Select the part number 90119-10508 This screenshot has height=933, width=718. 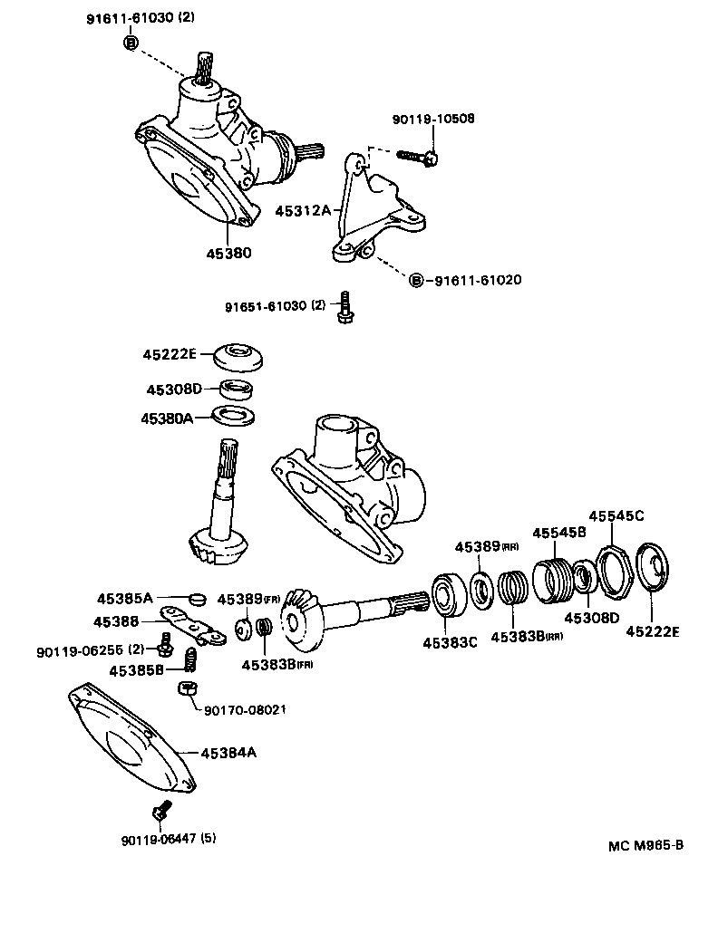tap(433, 119)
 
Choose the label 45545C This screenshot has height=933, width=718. tap(616, 515)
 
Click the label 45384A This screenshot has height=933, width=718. tap(229, 752)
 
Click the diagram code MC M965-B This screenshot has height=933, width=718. tap(645, 846)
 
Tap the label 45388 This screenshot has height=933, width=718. tap(116, 621)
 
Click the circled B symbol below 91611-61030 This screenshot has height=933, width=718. tap(131, 44)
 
